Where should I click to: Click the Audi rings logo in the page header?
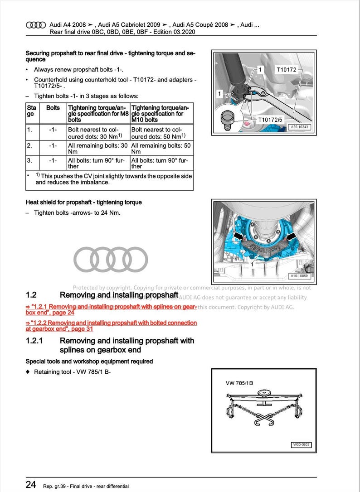coord(36,25)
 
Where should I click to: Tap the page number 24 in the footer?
coord(31,484)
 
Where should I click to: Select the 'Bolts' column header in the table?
coord(53,108)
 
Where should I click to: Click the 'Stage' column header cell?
coord(32,111)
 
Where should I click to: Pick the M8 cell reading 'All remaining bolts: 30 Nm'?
coord(97,148)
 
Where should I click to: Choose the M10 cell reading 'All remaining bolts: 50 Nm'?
coord(161,148)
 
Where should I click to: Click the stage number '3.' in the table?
coord(30,160)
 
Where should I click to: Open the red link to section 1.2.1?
coord(111,309)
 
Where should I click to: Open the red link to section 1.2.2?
coord(111,326)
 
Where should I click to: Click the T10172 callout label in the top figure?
coord(286,70)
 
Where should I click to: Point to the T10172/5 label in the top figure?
coord(270,120)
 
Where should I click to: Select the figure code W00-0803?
coord(301,445)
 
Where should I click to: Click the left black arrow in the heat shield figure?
coord(239,236)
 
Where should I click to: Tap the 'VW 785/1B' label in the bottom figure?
coord(239,383)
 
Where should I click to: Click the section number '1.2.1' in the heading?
coord(34,341)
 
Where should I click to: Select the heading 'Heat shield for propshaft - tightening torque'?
coord(83,202)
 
